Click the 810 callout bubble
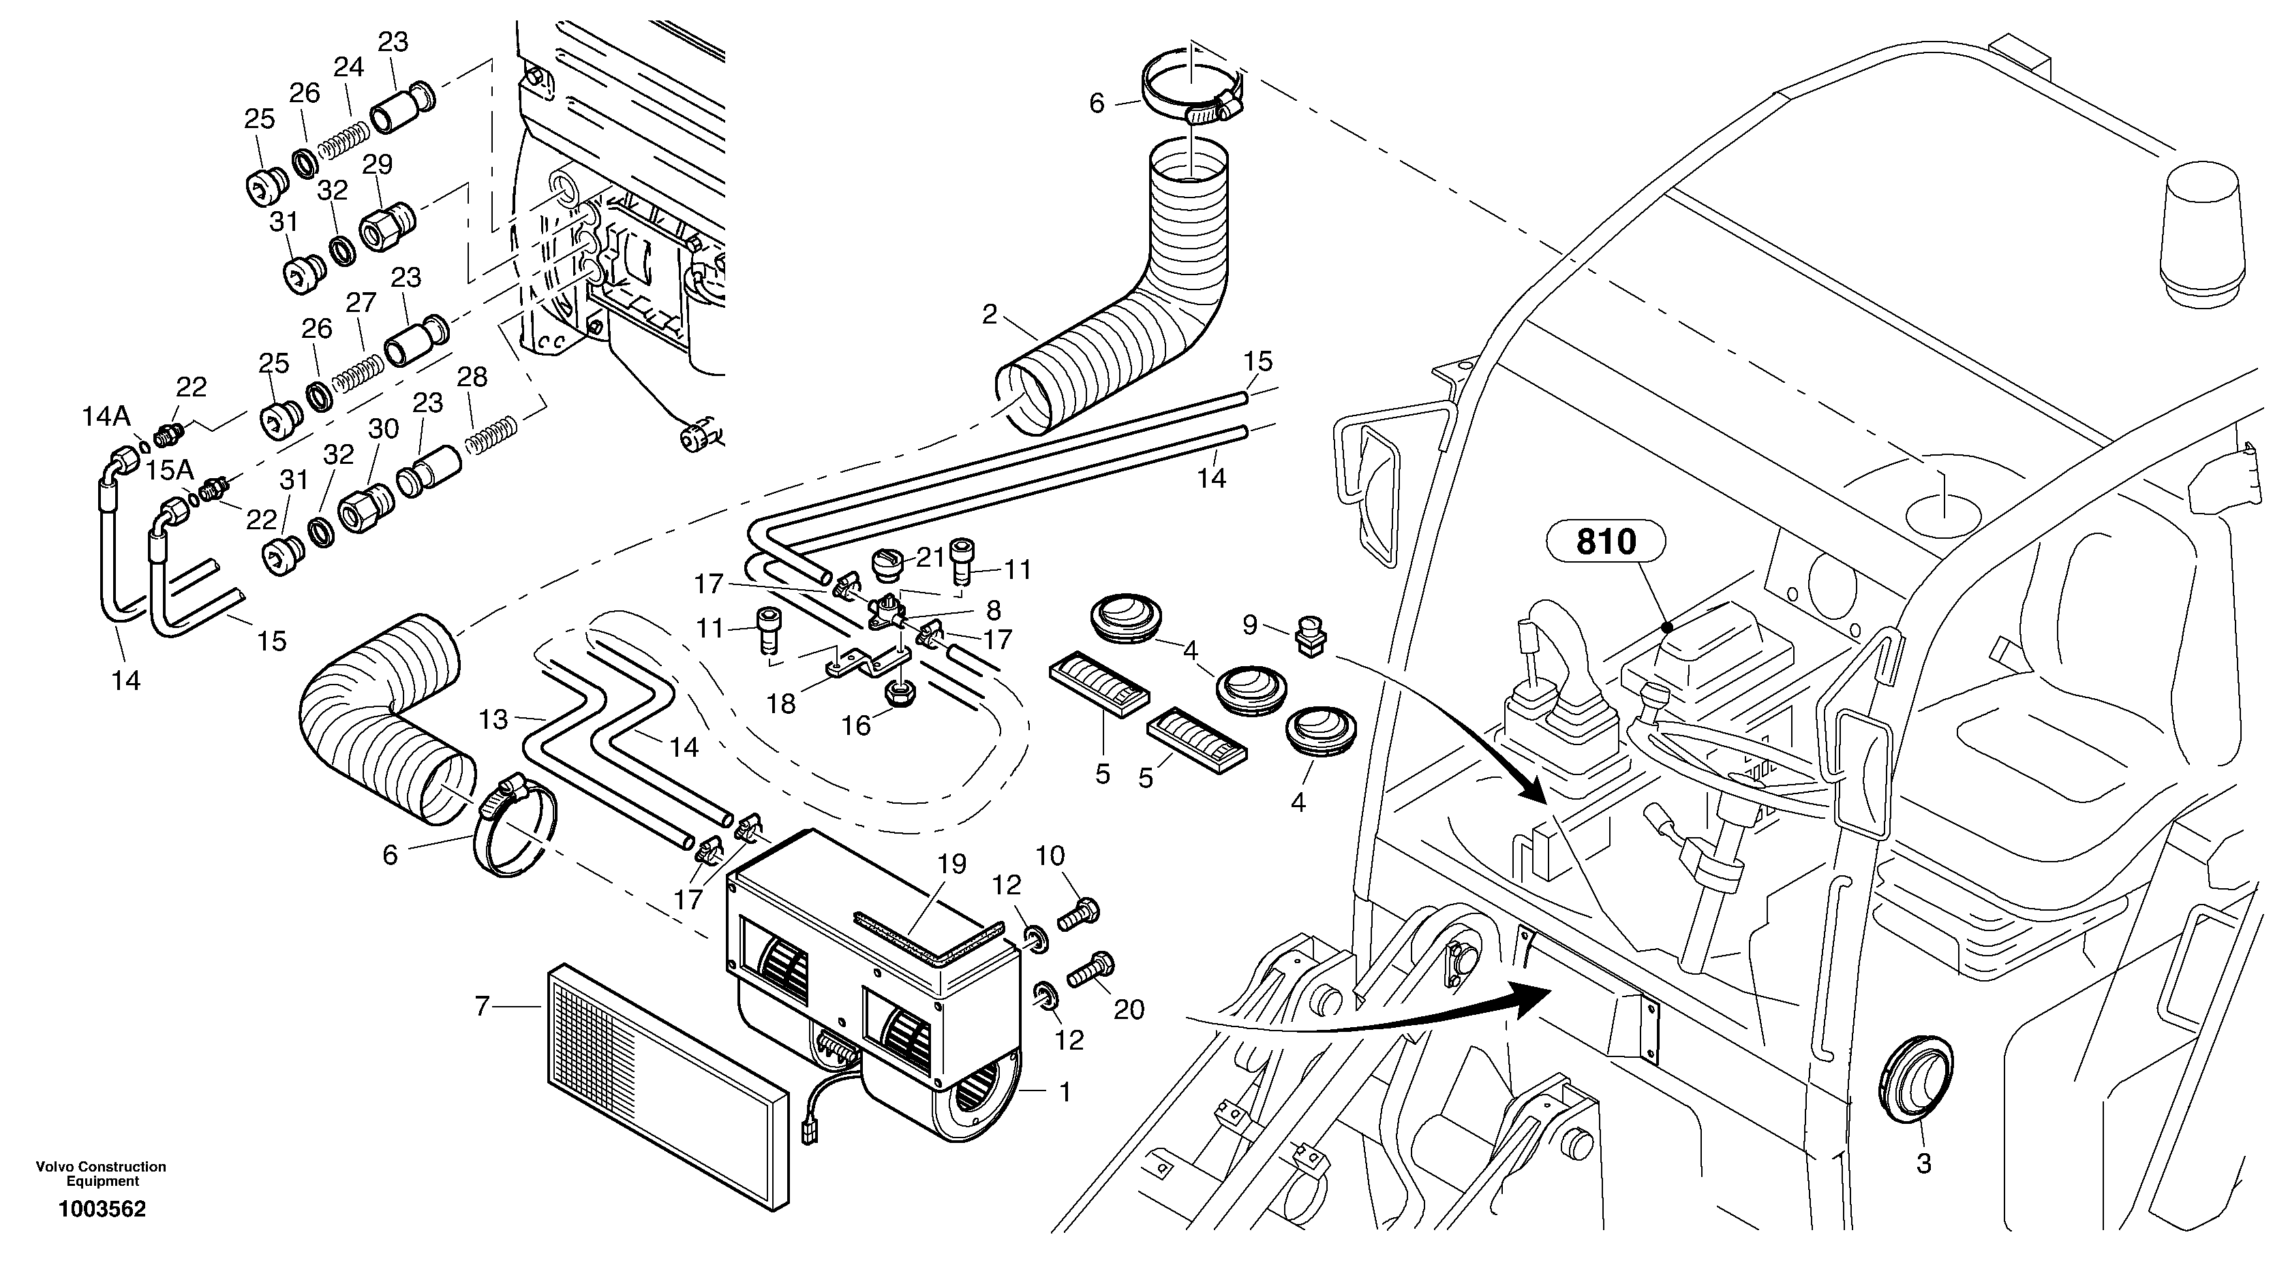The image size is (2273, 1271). (1605, 542)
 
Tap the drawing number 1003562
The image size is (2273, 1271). (102, 1209)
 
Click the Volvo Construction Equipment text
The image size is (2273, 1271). (102, 1174)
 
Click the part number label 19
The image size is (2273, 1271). (952, 864)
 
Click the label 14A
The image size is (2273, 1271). (106, 418)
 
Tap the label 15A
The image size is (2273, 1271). (170, 470)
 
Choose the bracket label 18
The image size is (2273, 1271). (782, 703)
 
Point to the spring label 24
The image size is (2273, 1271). (348, 67)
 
